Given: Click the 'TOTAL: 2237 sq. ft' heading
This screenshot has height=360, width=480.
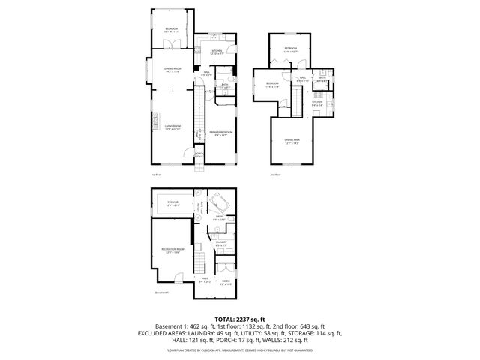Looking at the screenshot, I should pos(240,319).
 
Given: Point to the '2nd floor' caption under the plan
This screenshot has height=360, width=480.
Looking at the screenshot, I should pos(275,174).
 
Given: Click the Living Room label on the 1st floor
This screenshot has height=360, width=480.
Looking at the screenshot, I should pos(172,128).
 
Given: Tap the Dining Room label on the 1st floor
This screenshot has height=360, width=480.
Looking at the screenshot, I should pos(172,71).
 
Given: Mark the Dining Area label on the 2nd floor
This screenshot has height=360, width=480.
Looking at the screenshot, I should pos(293,140).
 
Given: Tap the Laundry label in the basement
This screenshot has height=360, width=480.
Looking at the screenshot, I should pos(221,243).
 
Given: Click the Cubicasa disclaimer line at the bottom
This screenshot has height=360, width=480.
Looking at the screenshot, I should pos(240,349).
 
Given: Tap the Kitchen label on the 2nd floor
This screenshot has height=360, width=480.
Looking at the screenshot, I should pos(317,103).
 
